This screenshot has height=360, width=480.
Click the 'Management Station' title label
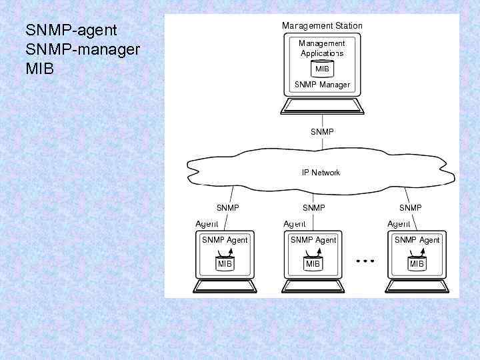[x=322, y=26]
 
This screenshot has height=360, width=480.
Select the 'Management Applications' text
[x=322, y=48]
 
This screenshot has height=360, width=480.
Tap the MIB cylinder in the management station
[x=322, y=69]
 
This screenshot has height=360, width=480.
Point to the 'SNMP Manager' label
[x=322, y=85]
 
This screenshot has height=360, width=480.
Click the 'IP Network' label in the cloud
[x=321, y=173]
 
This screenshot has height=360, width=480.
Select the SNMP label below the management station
[x=322, y=132]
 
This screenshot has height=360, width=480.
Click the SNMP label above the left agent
[x=228, y=208]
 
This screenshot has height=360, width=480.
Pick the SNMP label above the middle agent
[x=313, y=208]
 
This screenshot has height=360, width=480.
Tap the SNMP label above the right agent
[x=410, y=208]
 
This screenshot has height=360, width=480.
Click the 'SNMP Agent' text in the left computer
[x=225, y=240]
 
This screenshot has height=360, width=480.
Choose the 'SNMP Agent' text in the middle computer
[x=313, y=240]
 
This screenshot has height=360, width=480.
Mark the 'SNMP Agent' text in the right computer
[x=417, y=240]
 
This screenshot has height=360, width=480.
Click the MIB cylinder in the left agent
[x=225, y=264]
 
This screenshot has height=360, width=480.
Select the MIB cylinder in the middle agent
[x=313, y=264]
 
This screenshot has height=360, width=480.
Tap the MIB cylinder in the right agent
[x=417, y=264]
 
